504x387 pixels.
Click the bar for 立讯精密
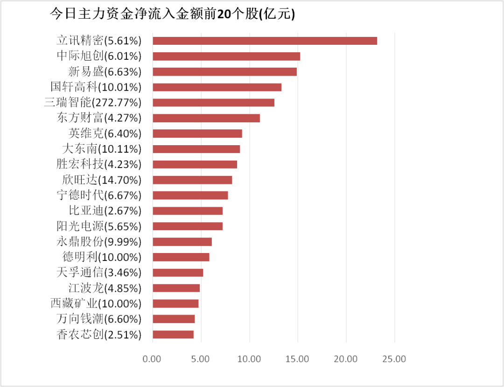click(x=265, y=41)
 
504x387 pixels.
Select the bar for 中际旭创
click(x=226, y=56)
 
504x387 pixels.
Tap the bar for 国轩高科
click(x=217, y=87)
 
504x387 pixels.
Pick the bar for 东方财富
click(x=206, y=118)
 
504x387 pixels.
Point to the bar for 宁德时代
click(x=190, y=195)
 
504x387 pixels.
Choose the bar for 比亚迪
click(x=187, y=211)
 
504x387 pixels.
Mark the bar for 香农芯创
click(x=173, y=334)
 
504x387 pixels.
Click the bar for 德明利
click(x=181, y=257)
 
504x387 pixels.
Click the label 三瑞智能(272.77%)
click(x=92, y=102)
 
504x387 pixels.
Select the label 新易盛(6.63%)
click(x=105, y=71)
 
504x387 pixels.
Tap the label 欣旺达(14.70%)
click(x=101, y=180)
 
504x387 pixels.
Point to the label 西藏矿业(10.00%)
click(x=96, y=303)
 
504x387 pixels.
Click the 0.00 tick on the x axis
click(x=152, y=359)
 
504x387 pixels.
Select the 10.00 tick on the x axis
click(x=249, y=359)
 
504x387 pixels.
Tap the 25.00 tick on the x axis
click(x=394, y=359)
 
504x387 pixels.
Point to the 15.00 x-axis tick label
click(x=298, y=359)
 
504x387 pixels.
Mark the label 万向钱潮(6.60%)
click(x=98, y=319)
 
